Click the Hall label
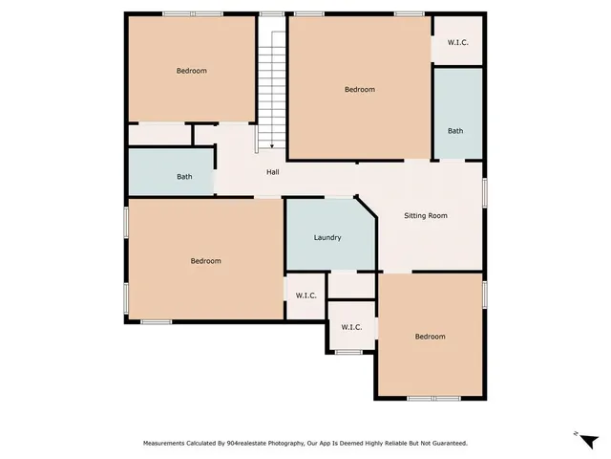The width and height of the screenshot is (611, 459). (x=272, y=172)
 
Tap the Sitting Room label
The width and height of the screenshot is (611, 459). (x=425, y=216)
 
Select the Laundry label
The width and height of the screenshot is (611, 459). (x=327, y=237)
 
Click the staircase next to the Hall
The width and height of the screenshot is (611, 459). (x=272, y=86)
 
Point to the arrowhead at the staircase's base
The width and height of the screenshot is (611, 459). (x=272, y=145)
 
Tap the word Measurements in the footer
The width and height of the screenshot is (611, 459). (x=166, y=444)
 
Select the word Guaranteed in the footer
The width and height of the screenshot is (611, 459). (x=445, y=444)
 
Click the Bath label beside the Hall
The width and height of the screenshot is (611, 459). (x=184, y=177)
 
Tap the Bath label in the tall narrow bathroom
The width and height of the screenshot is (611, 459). (x=456, y=131)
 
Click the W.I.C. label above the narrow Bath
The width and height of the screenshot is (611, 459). (x=456, y=43)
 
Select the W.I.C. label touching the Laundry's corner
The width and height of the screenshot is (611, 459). (x=306, y=295)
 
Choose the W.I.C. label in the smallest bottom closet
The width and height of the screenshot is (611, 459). (x=351, y=327)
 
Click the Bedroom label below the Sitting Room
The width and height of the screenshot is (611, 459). (x=430, y=337)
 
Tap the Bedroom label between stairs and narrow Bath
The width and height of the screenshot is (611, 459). (x=360, y=90)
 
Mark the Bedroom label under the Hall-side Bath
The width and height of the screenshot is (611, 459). (x=205, y=261)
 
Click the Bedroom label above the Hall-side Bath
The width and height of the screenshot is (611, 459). (x=191, y=71)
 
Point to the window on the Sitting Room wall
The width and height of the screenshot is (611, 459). (x=484, y=191)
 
